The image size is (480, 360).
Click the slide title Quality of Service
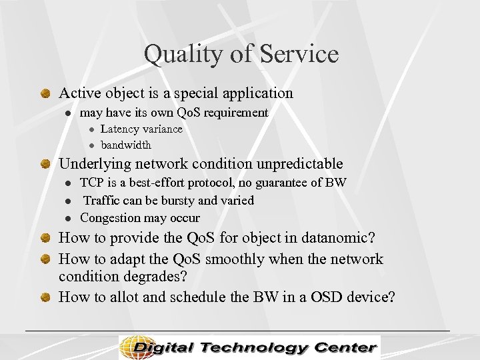coord(241,54)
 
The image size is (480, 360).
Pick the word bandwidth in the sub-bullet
coord(126,145)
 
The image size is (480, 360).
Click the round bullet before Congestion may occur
coord(68,219)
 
